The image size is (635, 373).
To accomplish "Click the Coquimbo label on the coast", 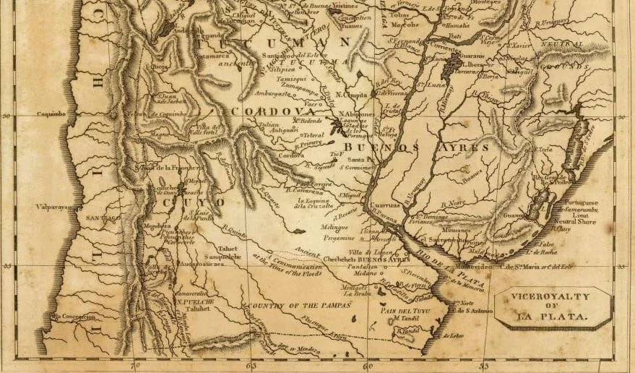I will (51, 113).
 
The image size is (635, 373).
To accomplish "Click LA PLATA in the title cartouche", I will (551, 317).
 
